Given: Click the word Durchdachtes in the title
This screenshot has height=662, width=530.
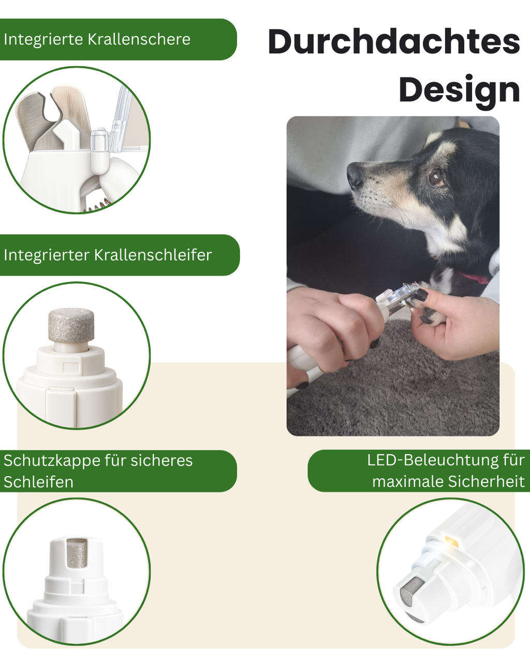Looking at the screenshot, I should coord(393,42).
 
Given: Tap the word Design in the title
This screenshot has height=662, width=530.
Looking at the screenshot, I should coord(459,90).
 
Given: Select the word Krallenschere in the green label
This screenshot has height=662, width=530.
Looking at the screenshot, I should coord(139,39).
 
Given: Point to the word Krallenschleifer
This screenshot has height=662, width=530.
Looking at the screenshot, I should coord(153,255).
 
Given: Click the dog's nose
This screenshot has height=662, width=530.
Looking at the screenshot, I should coord(355,176).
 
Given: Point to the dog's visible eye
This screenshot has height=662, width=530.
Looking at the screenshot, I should coord(436,177).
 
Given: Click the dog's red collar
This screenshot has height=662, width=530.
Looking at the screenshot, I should coord(475,278).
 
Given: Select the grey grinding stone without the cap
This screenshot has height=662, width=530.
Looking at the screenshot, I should coord(71,325).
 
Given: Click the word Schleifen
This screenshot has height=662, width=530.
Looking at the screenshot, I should coord(38,482).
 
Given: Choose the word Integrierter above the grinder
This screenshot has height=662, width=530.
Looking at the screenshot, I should coord(47,255).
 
